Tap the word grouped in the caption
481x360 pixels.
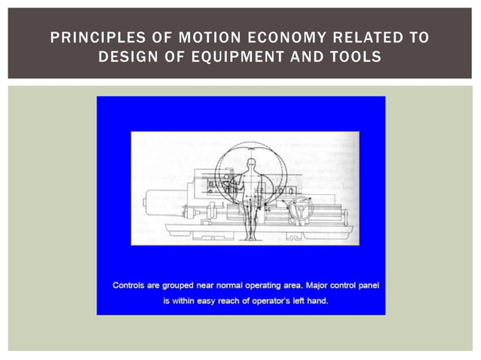tap(179, 285)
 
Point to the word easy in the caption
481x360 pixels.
tap(218, 301)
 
